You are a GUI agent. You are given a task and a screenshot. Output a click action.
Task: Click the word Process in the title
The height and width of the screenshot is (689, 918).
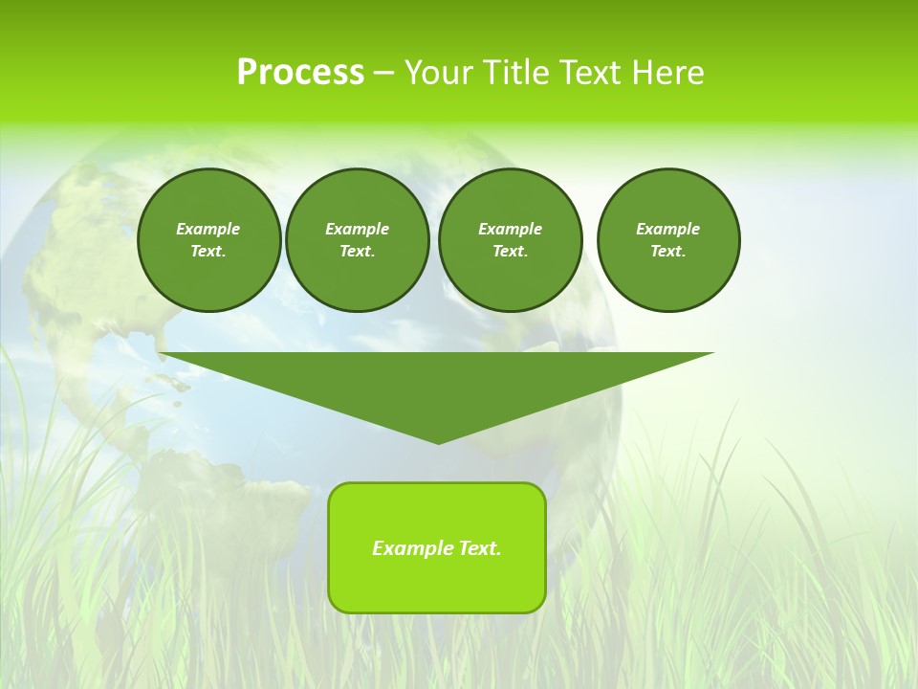coord(300,73)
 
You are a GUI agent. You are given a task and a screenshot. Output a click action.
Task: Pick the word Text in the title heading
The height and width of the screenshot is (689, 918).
coord(591,73)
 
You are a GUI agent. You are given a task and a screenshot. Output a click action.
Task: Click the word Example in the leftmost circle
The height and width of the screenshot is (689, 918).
coord(208,229)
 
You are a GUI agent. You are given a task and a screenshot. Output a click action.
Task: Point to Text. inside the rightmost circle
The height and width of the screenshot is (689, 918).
coord(667,251)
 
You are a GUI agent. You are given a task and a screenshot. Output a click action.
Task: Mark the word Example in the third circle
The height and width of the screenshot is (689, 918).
coord(510,229)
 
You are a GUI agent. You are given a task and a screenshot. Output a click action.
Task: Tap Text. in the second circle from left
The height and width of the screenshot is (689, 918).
coord(357,251)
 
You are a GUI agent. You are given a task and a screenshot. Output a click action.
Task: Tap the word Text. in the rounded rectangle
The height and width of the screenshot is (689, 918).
coord(479,548)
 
